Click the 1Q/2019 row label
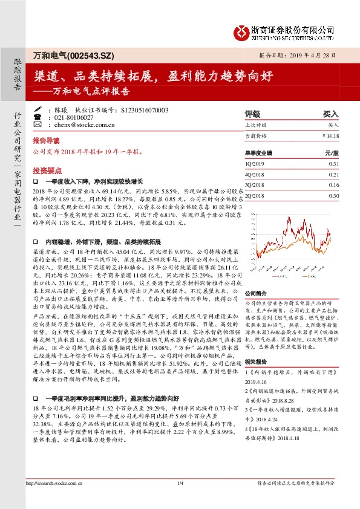(254, 164)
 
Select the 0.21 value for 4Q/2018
(334, 174)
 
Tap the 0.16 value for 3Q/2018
(334, 185)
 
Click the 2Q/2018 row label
(254, 195)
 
